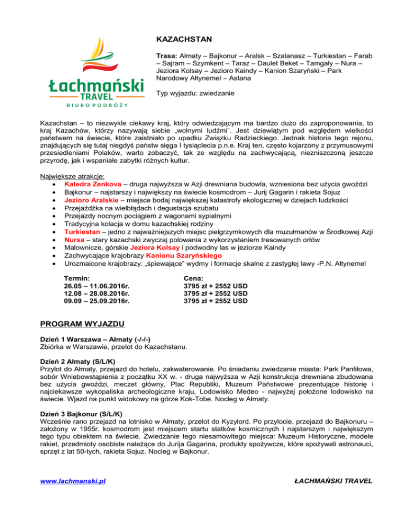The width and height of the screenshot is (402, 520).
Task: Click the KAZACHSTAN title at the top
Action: [x=183, y=38]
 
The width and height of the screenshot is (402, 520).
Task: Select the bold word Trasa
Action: [x=167, y=55]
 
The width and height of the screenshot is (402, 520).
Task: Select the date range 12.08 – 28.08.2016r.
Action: [x=97, y=293]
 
